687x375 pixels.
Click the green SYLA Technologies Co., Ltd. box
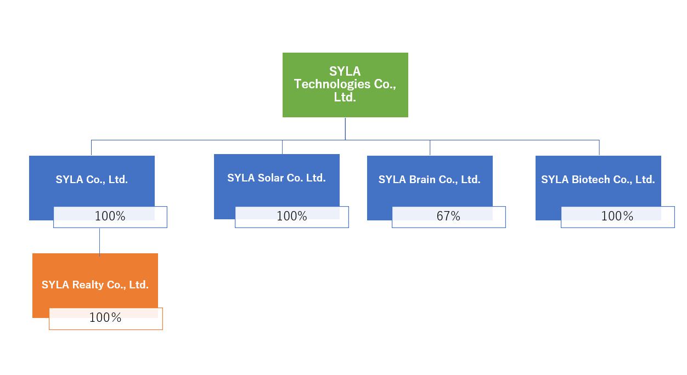point(345,84)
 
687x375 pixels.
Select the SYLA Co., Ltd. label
point(92,179)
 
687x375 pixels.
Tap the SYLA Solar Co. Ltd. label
point(277,178)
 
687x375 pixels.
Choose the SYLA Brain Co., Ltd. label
point(430,179)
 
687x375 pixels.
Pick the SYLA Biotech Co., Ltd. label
point(598,179)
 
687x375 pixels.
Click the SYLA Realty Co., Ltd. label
point(95,285)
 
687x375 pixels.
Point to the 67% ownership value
point(448,217)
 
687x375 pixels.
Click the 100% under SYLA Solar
point(291,217)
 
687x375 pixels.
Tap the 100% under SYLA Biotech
point(617,217)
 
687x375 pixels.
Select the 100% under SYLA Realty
point(105,318)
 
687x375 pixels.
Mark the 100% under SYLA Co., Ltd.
point(110,217)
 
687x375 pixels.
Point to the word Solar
point(272,178)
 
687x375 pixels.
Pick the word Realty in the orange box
point(89,285)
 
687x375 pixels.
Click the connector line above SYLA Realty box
point(99,241)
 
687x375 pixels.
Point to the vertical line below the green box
point(345,128)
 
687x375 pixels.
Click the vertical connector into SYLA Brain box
point(430,147)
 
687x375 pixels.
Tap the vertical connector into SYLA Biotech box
point(599,147)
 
